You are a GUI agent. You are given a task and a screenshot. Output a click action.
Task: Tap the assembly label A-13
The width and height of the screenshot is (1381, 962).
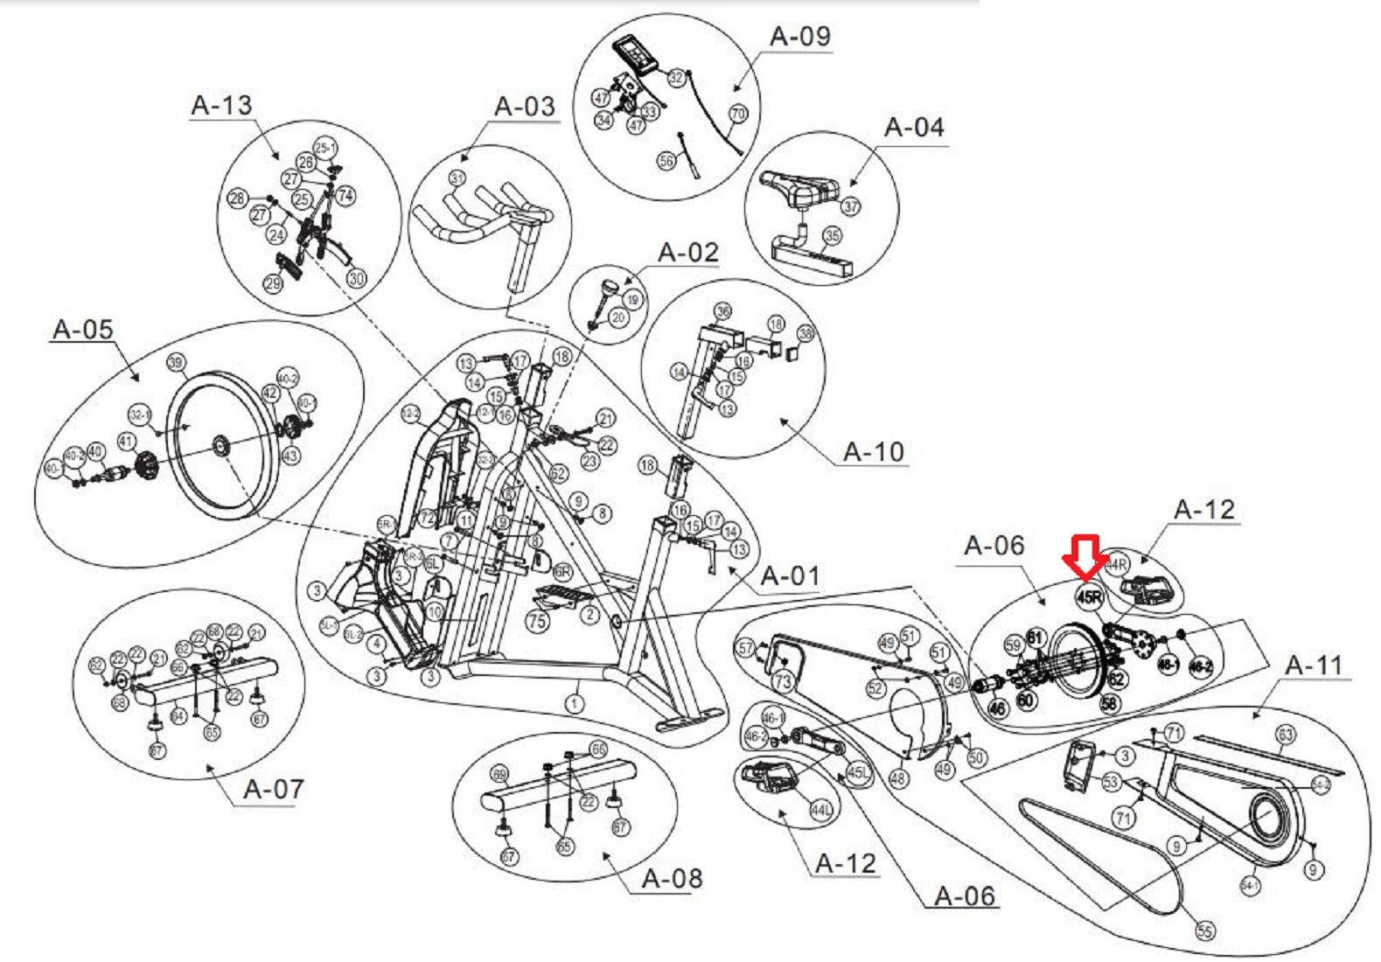[221, 105]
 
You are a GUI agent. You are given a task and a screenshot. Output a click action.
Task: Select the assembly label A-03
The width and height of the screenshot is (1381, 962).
[525, 107]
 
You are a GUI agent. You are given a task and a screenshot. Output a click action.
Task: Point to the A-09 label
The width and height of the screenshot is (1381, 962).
[799, 37]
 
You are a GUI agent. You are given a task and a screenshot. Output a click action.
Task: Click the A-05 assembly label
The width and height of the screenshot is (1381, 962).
[83, 330]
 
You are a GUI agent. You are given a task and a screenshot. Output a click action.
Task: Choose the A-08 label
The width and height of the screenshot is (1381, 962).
[672, 878]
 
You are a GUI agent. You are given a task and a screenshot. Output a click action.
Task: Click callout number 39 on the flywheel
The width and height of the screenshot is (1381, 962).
[176, 363]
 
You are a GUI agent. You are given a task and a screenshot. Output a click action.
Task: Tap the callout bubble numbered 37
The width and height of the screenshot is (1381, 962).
[850, 206]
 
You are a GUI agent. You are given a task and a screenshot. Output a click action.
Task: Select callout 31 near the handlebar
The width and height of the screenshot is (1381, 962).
[457, 178]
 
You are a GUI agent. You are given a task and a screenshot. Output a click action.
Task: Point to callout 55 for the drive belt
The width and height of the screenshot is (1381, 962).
[1204, 931]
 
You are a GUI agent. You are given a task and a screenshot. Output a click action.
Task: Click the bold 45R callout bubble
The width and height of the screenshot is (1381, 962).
[1089, 598]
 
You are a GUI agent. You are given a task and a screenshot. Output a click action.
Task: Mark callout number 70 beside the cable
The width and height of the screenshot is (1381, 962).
[738, 114]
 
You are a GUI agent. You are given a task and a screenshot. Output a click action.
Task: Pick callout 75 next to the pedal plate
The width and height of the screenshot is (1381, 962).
[536, 620]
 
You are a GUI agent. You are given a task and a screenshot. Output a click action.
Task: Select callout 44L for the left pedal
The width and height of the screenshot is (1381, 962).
[820, 811]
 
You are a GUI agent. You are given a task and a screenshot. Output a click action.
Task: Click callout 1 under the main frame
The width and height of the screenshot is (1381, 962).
[574, 703]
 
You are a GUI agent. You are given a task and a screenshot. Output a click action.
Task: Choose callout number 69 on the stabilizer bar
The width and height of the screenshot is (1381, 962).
[499, 775]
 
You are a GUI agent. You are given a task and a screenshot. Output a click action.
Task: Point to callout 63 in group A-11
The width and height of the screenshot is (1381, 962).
[1285, 735]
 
